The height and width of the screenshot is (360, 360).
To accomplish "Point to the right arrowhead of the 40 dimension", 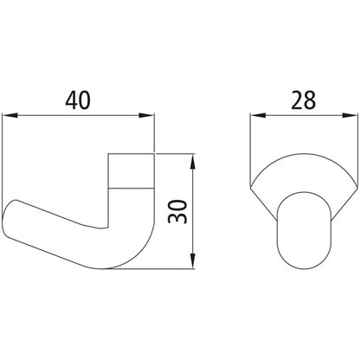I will (149, 114).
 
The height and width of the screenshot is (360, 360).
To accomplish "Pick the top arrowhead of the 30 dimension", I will (192, 159).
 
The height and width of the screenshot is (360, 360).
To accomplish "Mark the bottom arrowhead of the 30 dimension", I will (192, 262).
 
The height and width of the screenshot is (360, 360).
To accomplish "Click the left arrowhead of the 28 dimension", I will (256, 114).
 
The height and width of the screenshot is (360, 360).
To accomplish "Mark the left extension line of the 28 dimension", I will (250, 147).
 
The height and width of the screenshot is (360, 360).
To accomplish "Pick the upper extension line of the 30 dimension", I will (177, 154).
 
